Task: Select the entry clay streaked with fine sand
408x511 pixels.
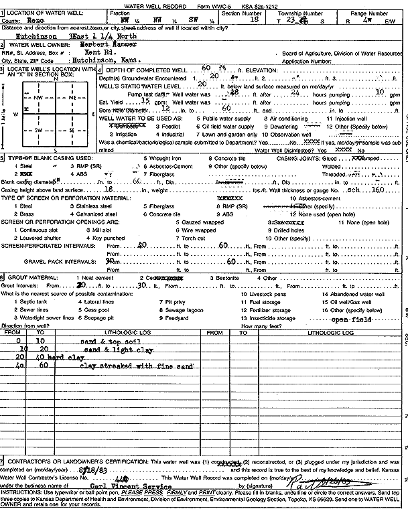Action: pyautogui.click(x=136, y=367)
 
